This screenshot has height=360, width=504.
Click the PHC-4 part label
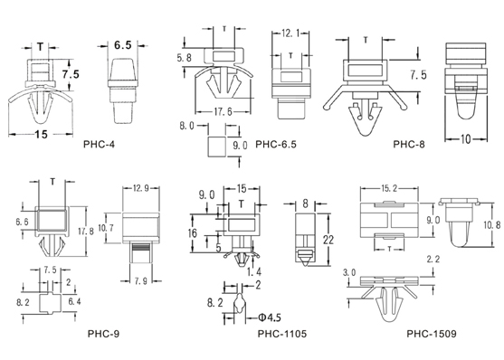point(99,144)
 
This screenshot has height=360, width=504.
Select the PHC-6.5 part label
point(276,144)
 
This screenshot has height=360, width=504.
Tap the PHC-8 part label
point(409,144)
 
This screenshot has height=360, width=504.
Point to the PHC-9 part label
point(103,334)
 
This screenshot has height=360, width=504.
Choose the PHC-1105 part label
point(282,334)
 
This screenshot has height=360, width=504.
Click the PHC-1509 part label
point(432,334)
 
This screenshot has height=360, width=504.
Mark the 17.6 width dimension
point(223,112)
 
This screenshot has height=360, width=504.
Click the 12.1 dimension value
point(290,33)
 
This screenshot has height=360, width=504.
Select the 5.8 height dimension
point(185,58)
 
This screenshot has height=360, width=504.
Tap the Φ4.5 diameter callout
point(270,317)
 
